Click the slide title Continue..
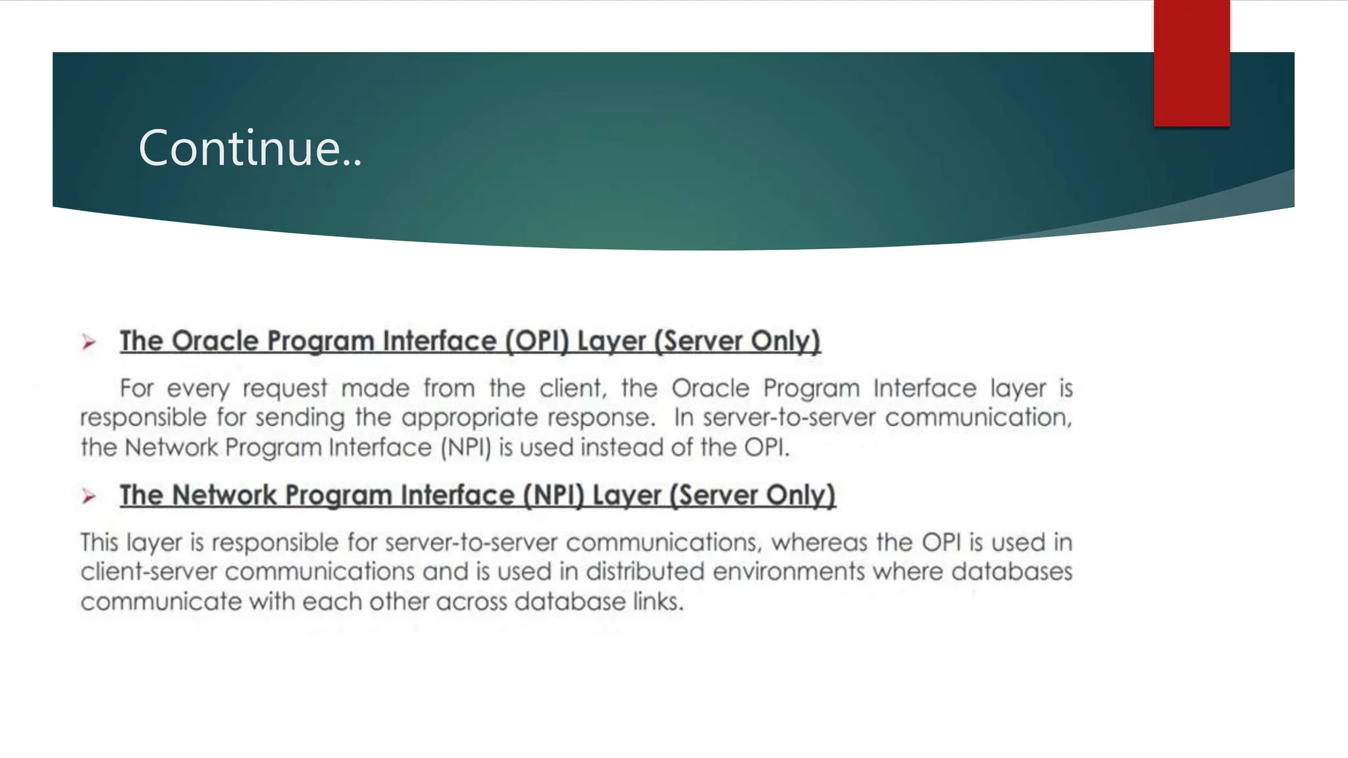click(x=250, y=148)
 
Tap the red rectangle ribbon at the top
click(x=1191, y=63)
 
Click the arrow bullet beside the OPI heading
click(x=89, y=342)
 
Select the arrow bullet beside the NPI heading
click(x=89, y=496)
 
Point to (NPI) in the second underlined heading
click(x=554, y=495)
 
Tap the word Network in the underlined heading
click(x=224, y=495)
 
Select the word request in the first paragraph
click(x=284, y=389)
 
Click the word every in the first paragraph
click(x=197, y=389)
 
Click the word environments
click(x=789, y=572)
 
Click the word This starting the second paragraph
click(x=99, y=543)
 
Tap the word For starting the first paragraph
click(x=136, y=388)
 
